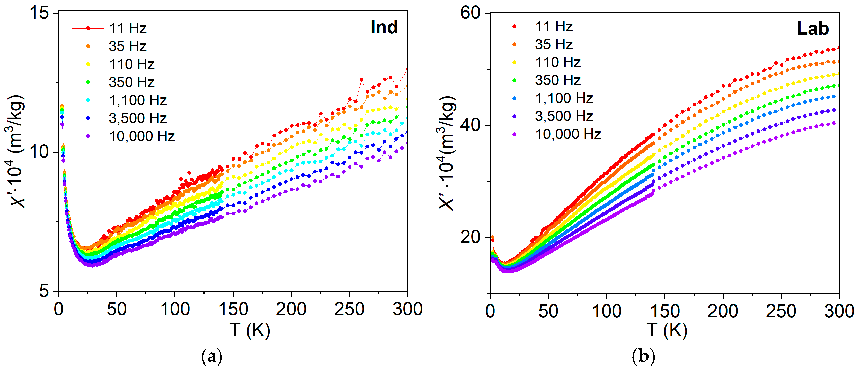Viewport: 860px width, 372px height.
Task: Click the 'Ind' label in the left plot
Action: tap(384, 27)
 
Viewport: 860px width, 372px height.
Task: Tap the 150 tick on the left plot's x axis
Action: tap(233, 309)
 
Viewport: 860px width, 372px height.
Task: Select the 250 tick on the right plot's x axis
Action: tap(781, 311)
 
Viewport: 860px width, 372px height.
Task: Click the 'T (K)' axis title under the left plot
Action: tap(250, 330)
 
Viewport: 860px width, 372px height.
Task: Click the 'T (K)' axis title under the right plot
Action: tap(667, 330)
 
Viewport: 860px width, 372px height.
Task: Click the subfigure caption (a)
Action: tap(212, 357)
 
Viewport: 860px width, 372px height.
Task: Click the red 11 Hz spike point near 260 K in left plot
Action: tap(361, 80)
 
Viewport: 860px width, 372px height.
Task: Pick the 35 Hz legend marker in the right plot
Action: tap(514, 44)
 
